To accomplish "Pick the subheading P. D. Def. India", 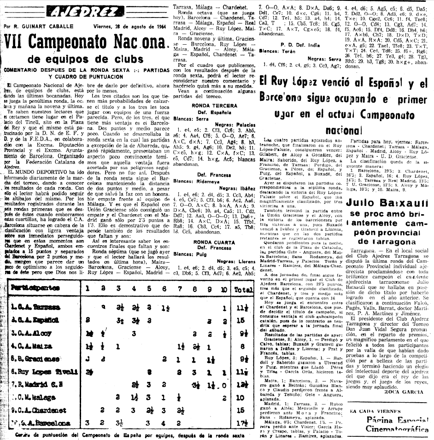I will (x=300, y=43).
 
